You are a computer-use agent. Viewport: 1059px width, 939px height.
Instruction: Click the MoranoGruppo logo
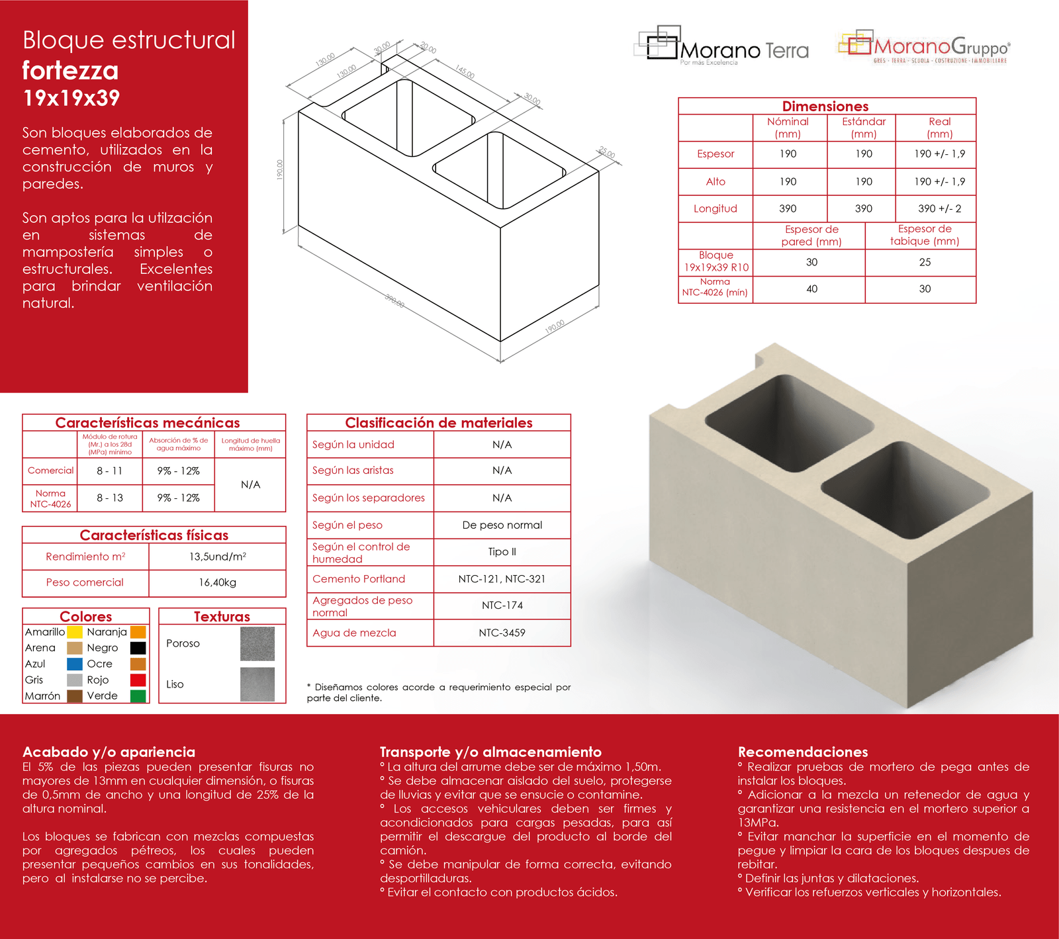[924, 47]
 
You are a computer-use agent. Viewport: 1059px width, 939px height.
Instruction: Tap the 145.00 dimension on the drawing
[465, 71]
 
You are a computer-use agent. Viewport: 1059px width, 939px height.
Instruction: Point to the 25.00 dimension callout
[607, 153]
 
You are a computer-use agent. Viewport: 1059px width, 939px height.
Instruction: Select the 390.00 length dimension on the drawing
[394, 301]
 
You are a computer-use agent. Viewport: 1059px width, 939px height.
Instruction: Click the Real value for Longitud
[939, 208]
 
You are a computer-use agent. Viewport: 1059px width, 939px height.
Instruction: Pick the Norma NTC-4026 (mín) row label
[715, 287]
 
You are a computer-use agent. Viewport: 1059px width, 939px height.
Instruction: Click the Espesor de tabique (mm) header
[924, 235]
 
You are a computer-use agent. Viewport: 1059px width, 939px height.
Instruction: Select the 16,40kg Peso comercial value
[217, 582]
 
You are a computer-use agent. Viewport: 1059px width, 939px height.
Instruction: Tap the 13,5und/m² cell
[217, 557]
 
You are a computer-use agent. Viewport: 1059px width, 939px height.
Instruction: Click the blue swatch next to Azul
[75, 664]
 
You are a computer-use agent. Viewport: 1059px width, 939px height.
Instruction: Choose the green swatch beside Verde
[138, 695]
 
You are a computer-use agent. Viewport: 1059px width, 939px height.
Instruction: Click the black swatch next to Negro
[138, 648]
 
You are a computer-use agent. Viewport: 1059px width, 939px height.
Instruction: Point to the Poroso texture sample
[257, 643]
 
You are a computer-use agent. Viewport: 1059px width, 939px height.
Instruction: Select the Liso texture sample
[257, 684]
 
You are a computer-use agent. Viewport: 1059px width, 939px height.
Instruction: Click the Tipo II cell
[502, 552]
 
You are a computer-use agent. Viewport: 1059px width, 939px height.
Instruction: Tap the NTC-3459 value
[502, 633]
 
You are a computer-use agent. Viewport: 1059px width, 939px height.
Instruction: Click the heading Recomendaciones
[802, 752]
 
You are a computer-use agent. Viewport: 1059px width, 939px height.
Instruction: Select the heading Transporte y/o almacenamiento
[490, 752]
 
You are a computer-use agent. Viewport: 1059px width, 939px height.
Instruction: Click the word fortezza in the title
[70, 70]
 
